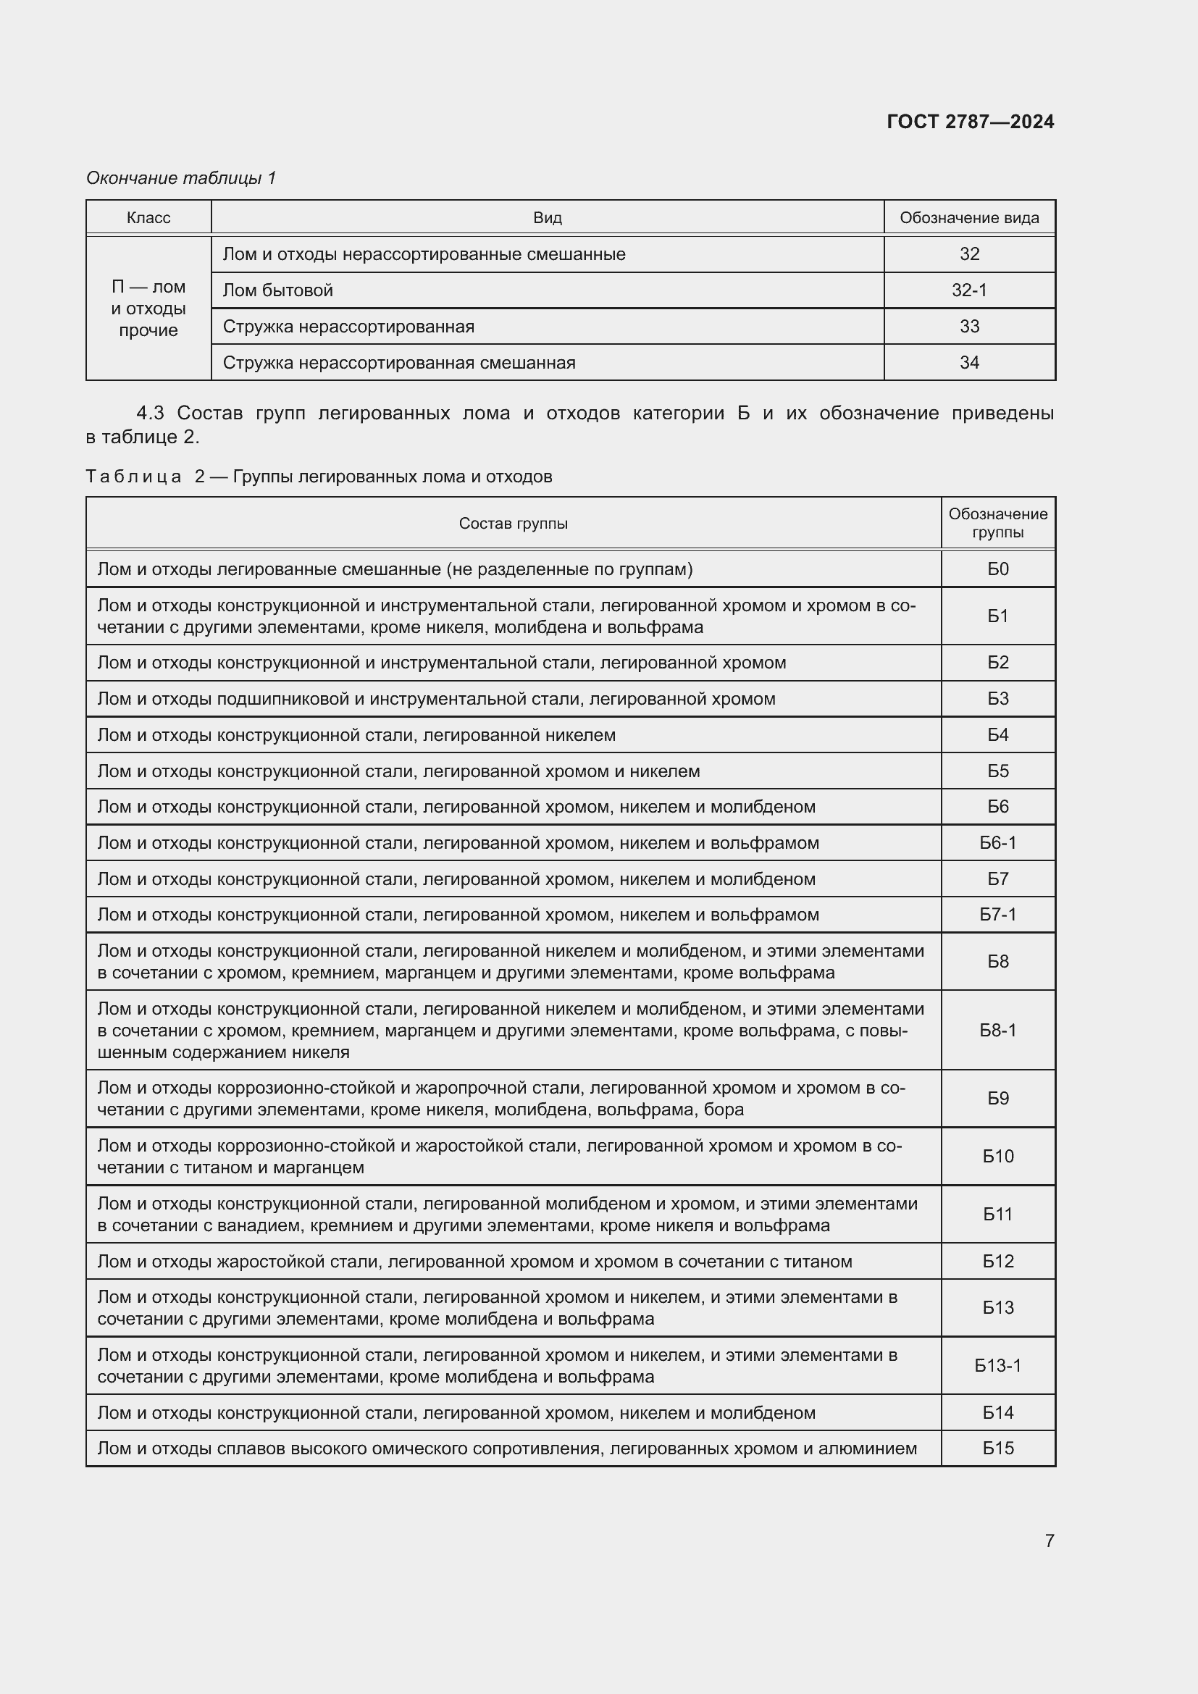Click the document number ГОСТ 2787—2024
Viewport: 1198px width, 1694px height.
(x=970, y=122)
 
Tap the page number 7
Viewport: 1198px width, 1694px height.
(x=1050, y=1540)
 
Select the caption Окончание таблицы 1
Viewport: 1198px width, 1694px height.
(x=181, y=178)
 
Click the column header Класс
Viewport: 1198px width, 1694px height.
(x=148, y=218)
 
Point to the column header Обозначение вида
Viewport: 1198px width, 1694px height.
(x=969, y=218)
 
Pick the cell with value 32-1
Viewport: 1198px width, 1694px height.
(x=969, y=290)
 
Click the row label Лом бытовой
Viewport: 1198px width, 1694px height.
(x=277, y=290)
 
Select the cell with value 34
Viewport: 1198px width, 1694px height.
(x=969, y=362)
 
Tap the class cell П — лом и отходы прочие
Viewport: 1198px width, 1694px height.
(x=148, y=309)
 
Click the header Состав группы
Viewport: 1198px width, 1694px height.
(x=514, y=523)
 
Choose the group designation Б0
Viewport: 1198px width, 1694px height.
(x=997, y=569)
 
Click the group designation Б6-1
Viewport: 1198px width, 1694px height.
(x=997, y=842)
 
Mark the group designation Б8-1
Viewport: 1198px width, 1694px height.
(x=997, y=1030)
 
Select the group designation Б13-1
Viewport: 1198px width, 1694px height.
(x=997, y=1366)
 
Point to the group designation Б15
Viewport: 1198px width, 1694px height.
(x=997, y=1448)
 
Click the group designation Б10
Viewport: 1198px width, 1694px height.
(x=997, y=1156)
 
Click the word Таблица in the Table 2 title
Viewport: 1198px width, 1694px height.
(x=133, y=477)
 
